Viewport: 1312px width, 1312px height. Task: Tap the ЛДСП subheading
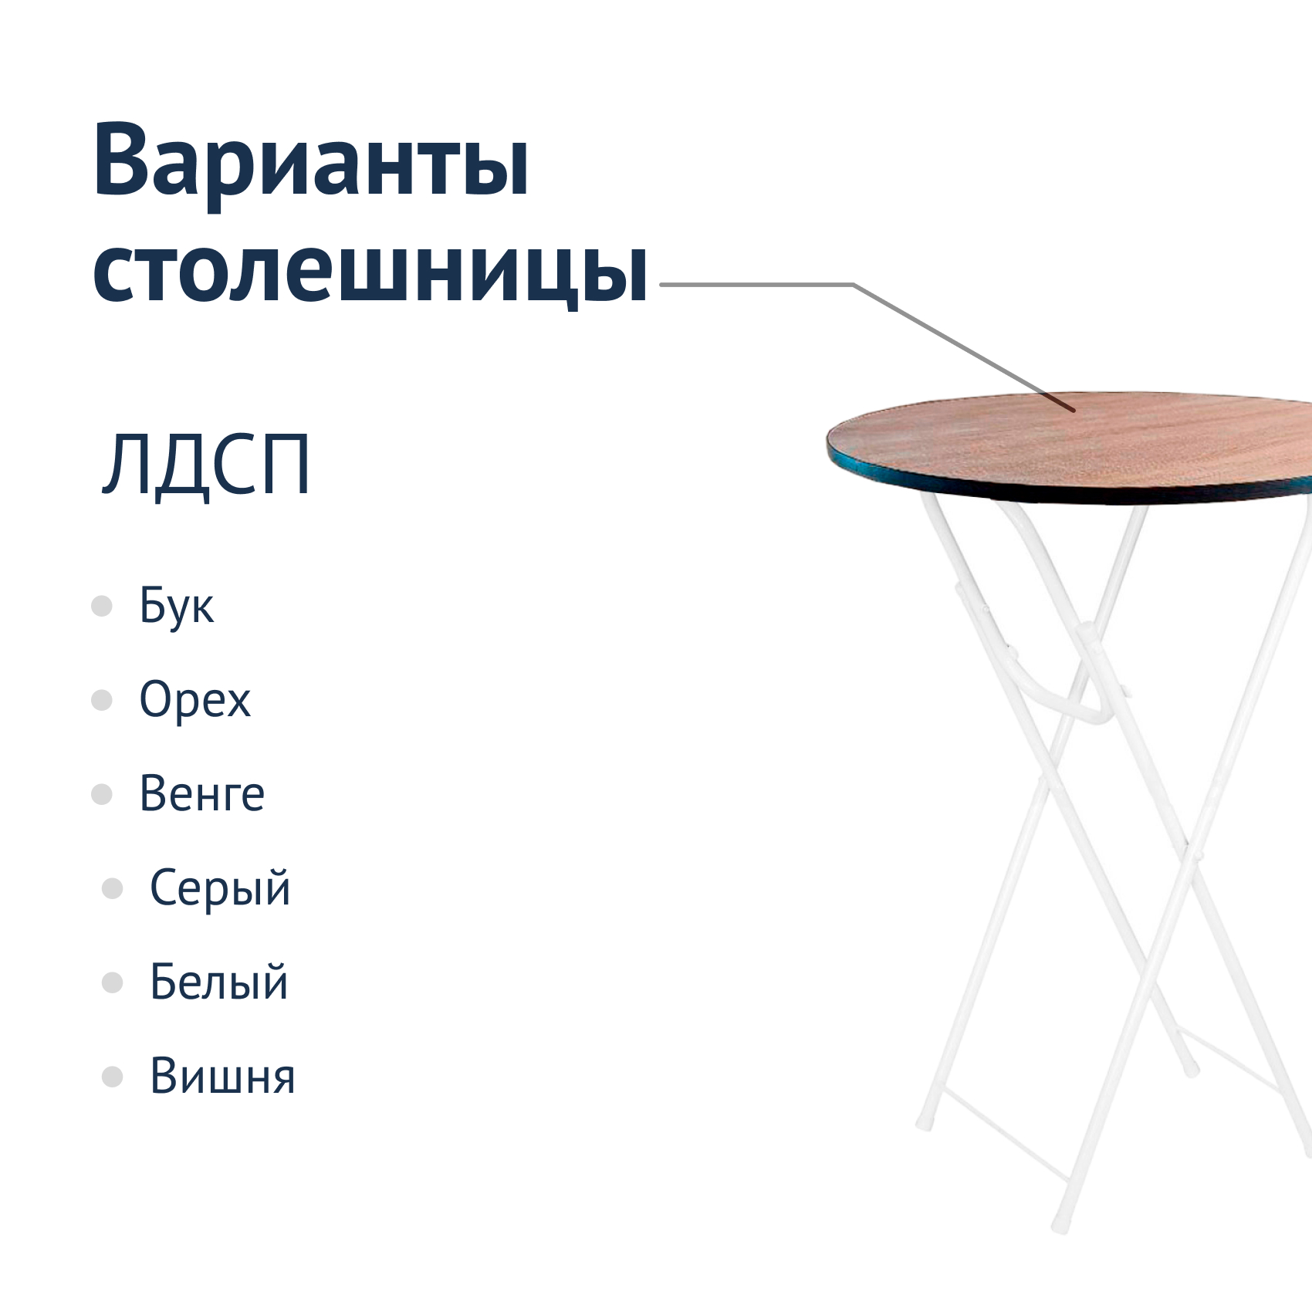pyautogui.click(x=206, y=465)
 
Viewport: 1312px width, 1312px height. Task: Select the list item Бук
pyautogui.click(x=176, y=607)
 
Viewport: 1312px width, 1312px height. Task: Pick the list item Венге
pyautogui.click(x=202, y=794)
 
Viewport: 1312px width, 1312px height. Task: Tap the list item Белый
pyautogui.click(x=219, y=982)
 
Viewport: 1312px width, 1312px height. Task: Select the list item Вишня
pyautogui.click(x=223, y=1076)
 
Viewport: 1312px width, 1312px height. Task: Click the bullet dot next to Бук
pyautogui.click(x=102, y=606)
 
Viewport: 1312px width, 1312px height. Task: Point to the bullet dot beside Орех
pyautogui.click(x=102, y=700)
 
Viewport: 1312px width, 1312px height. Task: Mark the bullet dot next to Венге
pyautogui.click(x=102, y=794)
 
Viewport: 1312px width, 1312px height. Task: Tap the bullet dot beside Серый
pyautogui.click(x=113, y=888)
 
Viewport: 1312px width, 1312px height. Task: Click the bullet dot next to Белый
pyautogui.click(x=113, y=982)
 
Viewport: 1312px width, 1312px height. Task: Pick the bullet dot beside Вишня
pyautogui.click(x=113, y=1077)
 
